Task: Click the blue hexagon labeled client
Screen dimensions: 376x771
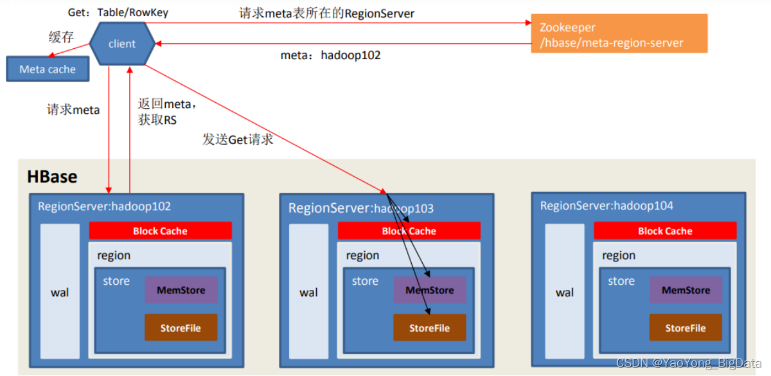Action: pyautogui.click(x=122, y=44)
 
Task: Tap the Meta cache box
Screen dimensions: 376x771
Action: pyautogui.click(x=48, y=69)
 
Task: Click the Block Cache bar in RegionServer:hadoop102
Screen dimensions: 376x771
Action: pyautogui.click(x=160, y=231)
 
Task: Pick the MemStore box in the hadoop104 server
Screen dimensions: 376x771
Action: pyautogui.click(x=686, y=290)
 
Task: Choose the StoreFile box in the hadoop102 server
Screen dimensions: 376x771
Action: pyautogui.click(x=181, y=328)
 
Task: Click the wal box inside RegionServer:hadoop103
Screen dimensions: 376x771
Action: pyautogui.click(x=308, y=292)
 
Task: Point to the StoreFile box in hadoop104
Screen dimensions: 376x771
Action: pyautogui.click(x=686, y=328)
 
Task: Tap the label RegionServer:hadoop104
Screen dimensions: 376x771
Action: pyautogui.click(x=607, y=206)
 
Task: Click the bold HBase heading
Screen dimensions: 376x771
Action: pyautogui.click(x=52, y=177)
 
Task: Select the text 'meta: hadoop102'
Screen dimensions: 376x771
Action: pyautogui.click(x=330, y=55)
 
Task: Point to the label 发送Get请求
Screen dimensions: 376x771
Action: pyautogui.click(x=238, y=139)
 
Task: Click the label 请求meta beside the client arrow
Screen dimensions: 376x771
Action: pyautogui.click(x=73, y=110)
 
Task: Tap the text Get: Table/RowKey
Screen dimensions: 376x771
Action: pyautogui.click(x=118, y=12)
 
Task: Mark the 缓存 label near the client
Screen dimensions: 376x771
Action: pyautogui.click(x=61, y=37)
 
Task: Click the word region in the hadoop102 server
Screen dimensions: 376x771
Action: pyautogui.click(x=114, y=255)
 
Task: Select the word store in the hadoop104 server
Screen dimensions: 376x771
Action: pyautogui.click(x=621, y=281)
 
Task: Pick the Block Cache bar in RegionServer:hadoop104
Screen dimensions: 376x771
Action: pyautogui.click(x=665, y=231)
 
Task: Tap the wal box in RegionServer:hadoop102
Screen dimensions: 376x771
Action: pyautogui.click(x=60, y=292)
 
